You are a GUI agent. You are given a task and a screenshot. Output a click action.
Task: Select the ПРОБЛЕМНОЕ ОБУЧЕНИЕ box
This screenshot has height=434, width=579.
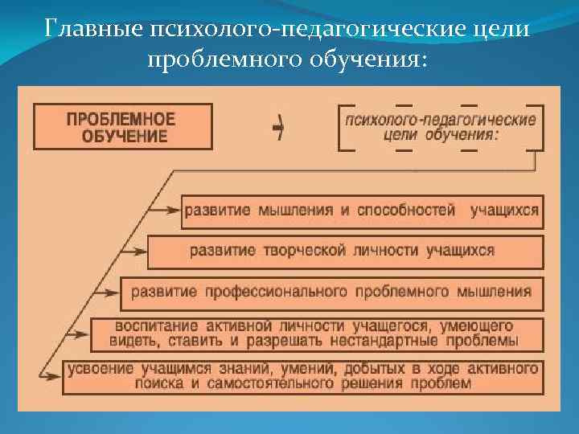122,126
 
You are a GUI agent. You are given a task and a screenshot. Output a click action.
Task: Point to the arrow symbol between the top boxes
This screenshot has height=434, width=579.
278,127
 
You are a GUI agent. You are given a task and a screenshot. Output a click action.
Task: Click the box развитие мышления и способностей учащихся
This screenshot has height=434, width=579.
361,211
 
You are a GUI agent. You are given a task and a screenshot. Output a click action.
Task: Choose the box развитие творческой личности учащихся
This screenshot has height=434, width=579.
344,251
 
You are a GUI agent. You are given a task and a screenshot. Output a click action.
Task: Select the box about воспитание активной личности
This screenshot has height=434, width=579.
317,334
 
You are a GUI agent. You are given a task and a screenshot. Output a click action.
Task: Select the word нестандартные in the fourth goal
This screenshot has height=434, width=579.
418,341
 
